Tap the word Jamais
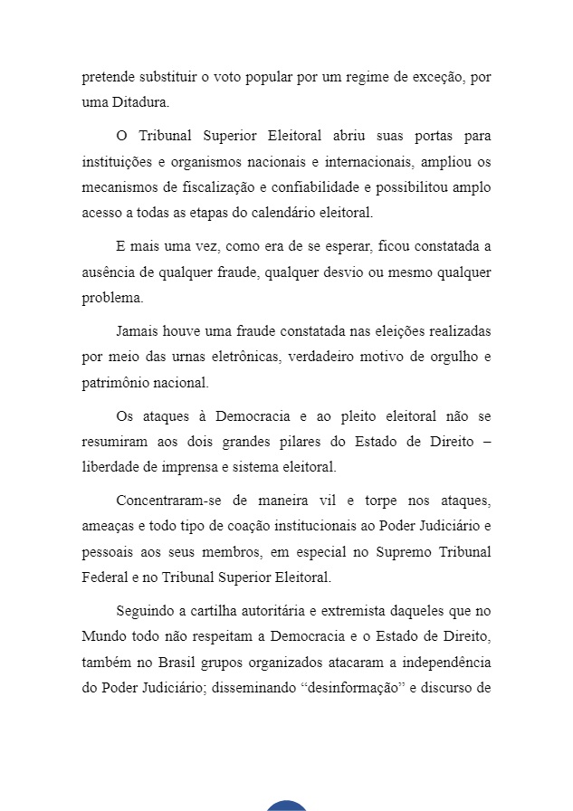point(138,331)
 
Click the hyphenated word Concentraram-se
point(168,501)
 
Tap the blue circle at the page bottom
point(286,806)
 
